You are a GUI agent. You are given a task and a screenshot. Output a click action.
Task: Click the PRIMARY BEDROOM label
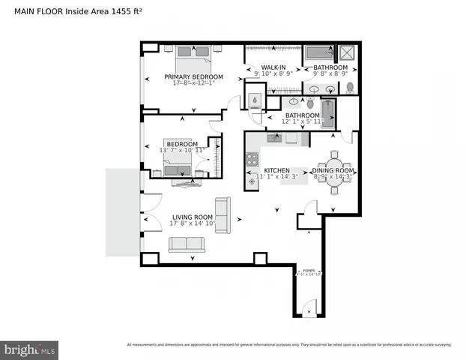point(194,77)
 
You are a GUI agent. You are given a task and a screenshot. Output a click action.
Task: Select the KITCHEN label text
point(276,171)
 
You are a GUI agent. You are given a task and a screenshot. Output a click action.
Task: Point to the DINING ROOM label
point(333,171)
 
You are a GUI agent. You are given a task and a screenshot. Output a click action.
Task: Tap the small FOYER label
point(309,270)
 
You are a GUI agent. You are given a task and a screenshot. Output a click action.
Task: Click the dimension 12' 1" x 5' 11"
point(303,121)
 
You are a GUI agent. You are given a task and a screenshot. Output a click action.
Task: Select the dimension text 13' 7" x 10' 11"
point(182,151)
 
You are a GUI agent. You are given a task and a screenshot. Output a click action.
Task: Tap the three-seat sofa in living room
point(187,244)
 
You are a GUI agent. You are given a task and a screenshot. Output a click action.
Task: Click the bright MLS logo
point(30,349)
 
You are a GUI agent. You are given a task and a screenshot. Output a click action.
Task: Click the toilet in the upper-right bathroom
point(350,88)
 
